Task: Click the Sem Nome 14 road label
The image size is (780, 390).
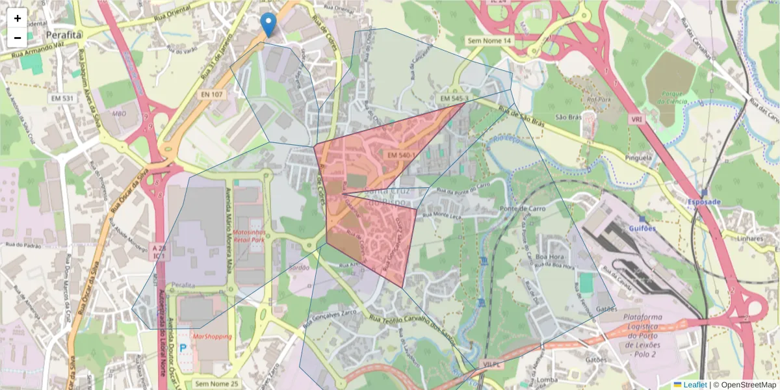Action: point(490,40)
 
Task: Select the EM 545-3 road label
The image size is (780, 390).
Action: point(454,98)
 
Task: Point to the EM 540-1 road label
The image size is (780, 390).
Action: point(400,155)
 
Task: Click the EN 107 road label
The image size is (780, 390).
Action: point(212,94)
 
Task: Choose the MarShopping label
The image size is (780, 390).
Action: point(212,337)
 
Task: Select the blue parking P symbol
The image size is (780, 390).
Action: point(183,348)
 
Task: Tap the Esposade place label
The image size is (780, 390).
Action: point(704,201)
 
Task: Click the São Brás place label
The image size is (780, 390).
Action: point(567,118)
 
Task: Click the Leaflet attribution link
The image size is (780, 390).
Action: point(694,385)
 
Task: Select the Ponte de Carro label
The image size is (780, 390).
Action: point(523,208)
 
